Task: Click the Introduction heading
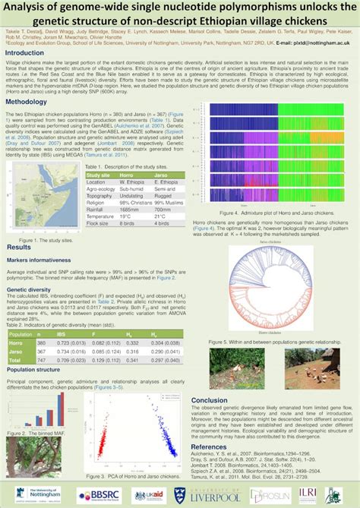click(27, 53)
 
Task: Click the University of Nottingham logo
click(30, 494)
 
